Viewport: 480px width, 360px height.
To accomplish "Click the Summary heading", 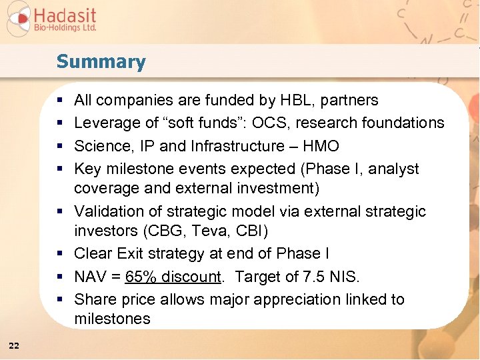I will pos(101,62).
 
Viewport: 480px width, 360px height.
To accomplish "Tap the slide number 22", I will pos(14,345).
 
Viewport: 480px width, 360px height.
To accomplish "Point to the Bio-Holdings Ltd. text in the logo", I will pos(65,28).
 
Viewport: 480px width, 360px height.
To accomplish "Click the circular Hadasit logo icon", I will pos(18,19).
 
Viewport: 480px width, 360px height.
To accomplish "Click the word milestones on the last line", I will pos(112,319).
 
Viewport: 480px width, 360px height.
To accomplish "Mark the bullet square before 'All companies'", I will pos(60,101).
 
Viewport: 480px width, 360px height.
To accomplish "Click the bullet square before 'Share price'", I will pos(60,299).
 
